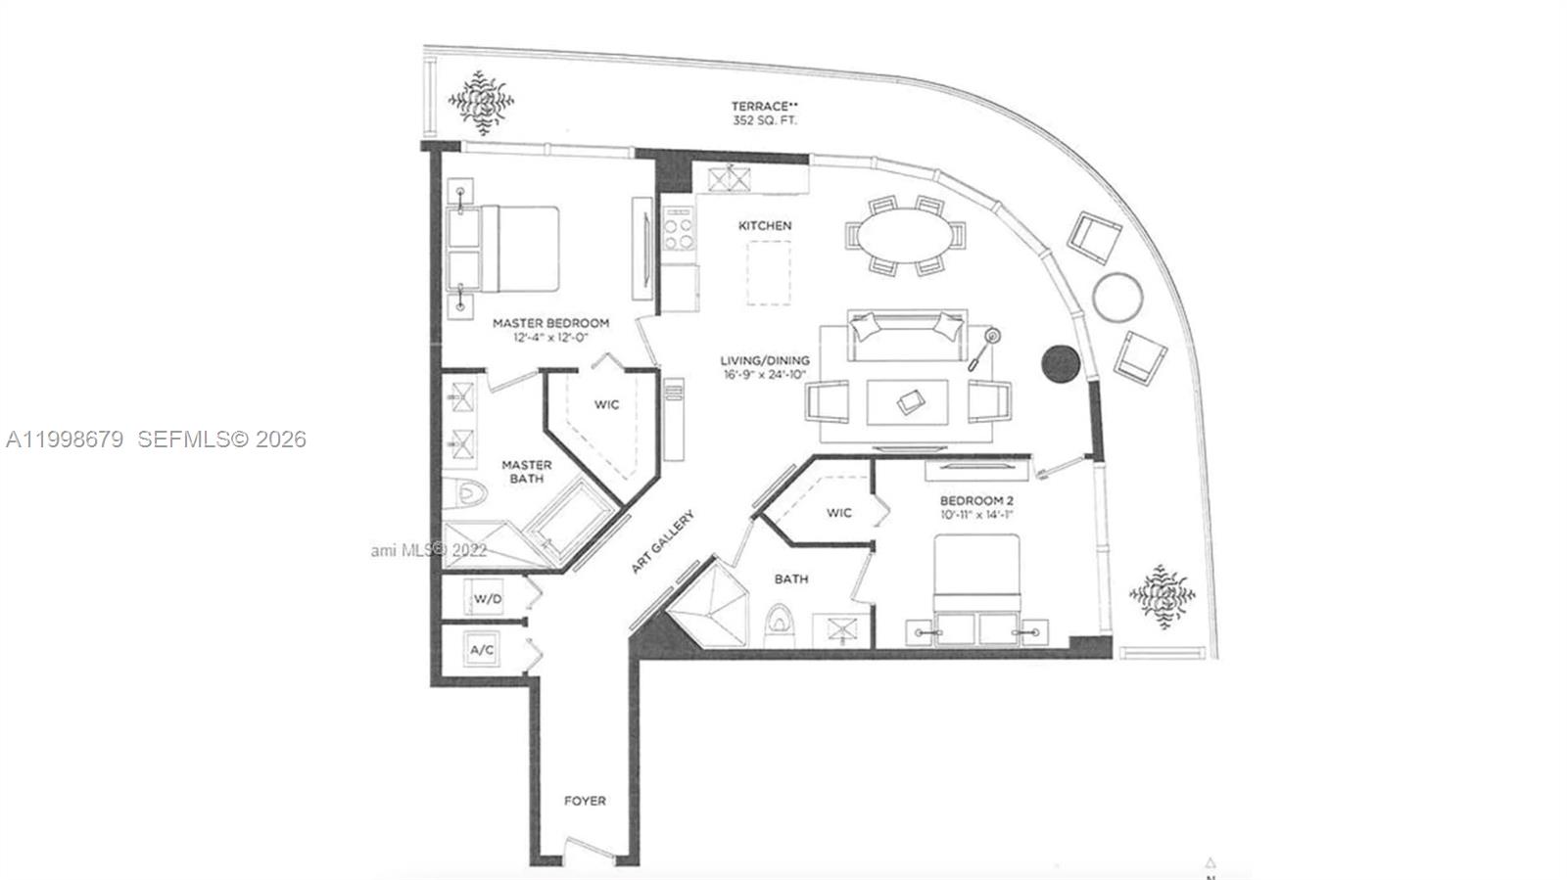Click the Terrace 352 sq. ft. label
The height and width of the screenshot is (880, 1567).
pos(764,113)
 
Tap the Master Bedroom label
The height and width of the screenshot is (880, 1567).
pos(550,330)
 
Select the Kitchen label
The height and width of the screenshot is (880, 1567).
pos(765,225)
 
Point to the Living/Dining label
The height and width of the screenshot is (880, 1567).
pos(765,367)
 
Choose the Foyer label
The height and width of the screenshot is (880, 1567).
pos(585,801)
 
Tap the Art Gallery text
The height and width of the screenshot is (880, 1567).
pos(663,541)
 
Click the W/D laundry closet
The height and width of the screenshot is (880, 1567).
pos(488,598)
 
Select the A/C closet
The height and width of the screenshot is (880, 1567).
pos(482,650)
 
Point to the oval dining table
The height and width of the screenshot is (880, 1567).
pos(904,235)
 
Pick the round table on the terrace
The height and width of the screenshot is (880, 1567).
pos(1117,296)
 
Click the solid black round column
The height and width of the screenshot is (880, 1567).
pos(1060,363)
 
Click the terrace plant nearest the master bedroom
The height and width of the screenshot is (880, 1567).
pos(481,100)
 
